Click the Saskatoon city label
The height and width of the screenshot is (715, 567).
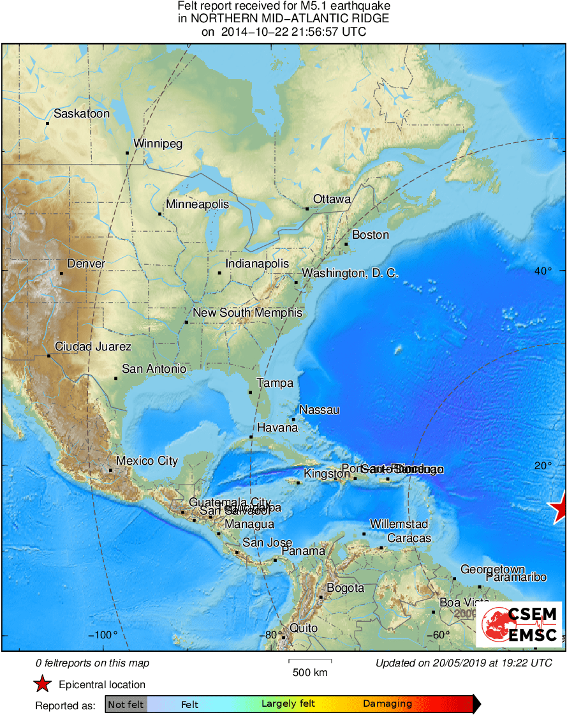tap(81, 114)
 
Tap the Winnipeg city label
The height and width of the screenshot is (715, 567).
tap(157, 144)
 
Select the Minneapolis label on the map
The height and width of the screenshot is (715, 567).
tap(197, 204)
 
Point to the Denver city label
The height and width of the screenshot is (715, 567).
tap(86, 264)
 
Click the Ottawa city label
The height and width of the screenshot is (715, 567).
tap(332, 199)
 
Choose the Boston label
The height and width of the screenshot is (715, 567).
tap(371, 235)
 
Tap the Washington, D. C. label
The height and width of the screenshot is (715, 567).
tap(350, 273)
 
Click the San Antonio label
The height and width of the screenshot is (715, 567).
tap(154, 369)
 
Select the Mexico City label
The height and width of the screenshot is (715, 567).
tap(147, 461)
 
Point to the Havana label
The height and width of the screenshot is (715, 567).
tap(277, 428)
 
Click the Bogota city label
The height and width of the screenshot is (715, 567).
tap(345, 588)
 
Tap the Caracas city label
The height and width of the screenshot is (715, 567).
tap(409, 538)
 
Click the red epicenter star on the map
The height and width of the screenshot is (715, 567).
tap(559, 509)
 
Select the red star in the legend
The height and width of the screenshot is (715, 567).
tap(42, 684)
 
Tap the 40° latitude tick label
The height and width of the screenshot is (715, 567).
tap(543, 271)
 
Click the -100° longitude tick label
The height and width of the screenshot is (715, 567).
tap(106, 635)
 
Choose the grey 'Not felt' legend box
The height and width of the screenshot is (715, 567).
tap(126, 704)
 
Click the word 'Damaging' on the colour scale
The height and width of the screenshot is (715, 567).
tap(388, 704)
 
